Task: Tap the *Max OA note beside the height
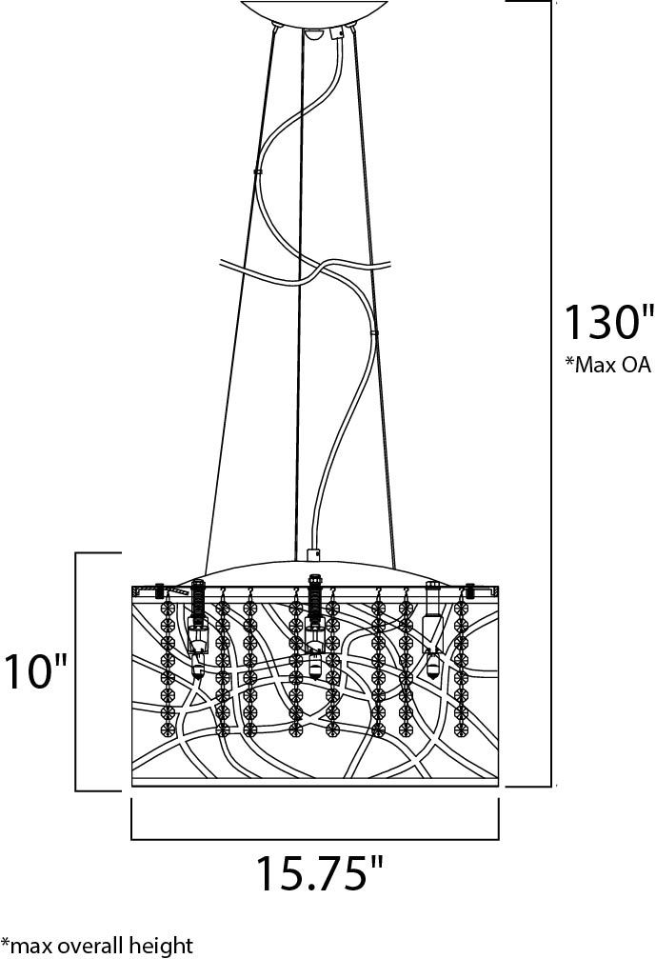[607, 365]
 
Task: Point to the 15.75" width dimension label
[319, 873]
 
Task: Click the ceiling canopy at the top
[314, 12]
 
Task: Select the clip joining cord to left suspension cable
[257, 172]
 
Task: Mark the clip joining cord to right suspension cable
[374, 332]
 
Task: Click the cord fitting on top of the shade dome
[313, 554]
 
